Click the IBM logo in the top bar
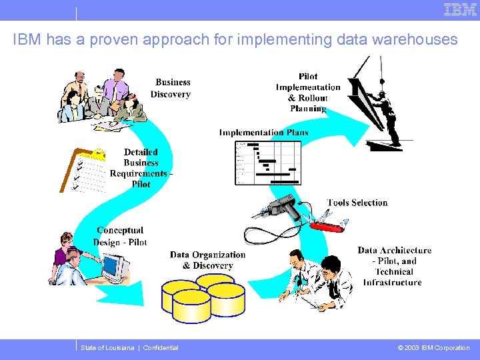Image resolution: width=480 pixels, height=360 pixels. click(x=460, y=10)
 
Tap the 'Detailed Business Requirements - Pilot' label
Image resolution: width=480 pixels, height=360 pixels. click(x=141, y=168)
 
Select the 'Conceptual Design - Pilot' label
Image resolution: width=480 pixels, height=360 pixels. click(x=120, y=236)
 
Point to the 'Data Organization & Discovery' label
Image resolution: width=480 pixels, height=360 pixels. click(x=207, y=260)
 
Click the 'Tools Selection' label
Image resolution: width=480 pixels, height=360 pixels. click(x=357, y=203)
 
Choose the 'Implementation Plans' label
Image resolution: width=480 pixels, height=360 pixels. click(x=264, y=132)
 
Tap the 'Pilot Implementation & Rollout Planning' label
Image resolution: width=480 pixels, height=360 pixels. click(x=308, y=92)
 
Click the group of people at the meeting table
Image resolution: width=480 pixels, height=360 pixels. click(x=100, y=99)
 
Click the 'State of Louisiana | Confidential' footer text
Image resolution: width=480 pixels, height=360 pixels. click(x=129, y=348)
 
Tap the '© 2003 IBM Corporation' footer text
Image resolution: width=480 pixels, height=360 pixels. click(x=433, y=348)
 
